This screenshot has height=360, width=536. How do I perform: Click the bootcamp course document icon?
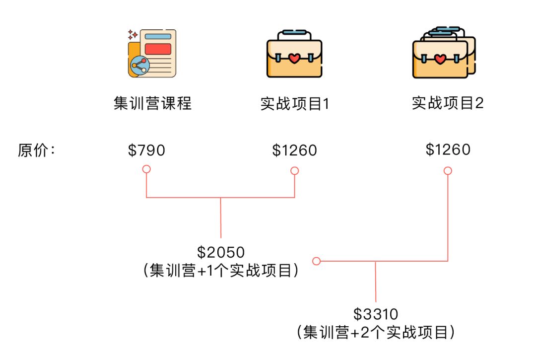152,54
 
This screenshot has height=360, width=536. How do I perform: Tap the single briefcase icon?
294,55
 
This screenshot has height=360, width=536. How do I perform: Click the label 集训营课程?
152,104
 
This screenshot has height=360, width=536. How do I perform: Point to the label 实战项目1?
295,104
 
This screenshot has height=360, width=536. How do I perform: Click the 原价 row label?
36,150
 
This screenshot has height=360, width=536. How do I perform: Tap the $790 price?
146,150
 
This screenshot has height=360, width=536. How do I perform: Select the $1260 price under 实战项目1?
294,150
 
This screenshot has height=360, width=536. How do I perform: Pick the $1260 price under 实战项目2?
448,149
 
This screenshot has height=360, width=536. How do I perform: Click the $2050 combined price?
221,252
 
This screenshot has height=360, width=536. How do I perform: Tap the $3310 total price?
376,314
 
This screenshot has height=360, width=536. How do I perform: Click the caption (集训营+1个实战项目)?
221,271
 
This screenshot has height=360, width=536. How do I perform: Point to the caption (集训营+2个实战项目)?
376,332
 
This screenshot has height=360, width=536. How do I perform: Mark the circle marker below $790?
146,169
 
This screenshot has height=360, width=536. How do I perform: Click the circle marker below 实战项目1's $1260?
294,171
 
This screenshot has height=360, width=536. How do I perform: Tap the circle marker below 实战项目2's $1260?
448,171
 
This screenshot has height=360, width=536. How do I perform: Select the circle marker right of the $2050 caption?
316,261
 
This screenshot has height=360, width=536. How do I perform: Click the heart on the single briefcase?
294,59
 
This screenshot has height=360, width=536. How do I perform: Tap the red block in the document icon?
158,49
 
